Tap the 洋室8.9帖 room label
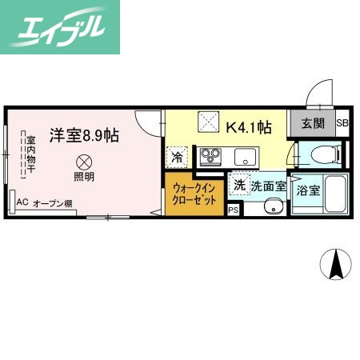pos(83,134)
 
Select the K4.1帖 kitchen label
pos(249,126)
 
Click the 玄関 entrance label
pos(313,123)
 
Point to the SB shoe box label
pos(342,123)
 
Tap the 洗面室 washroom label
pos(266,186)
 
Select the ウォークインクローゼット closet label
pos(195,194)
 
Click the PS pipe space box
pos(234,210)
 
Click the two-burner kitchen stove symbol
pos(212,154)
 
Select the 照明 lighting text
pos(84,176)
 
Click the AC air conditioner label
pos(22,203)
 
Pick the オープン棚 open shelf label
pos(53,204)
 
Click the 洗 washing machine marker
pos(239,186)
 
